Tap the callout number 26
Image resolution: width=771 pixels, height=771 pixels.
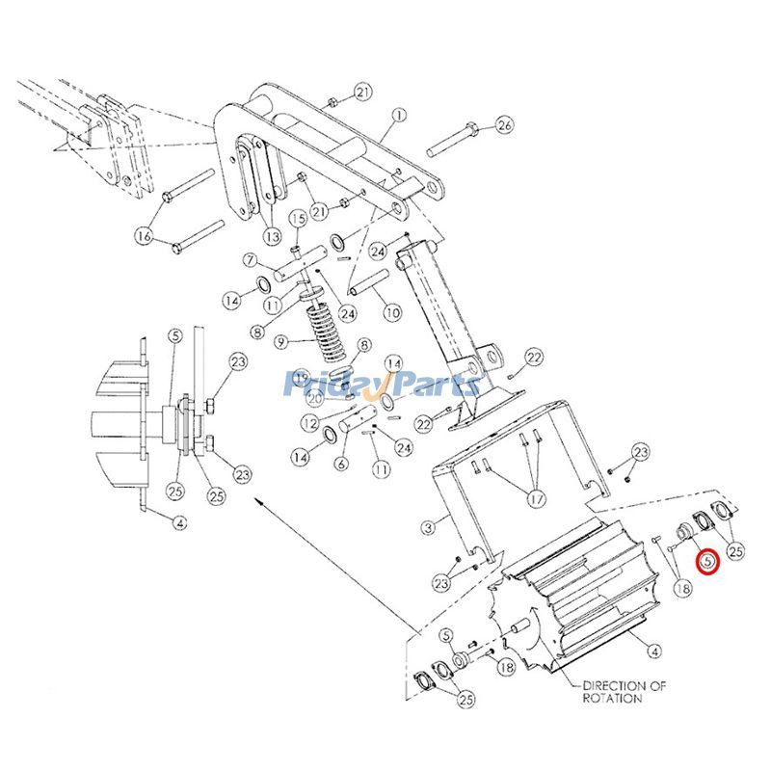506,125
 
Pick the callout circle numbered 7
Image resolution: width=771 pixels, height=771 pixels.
250,260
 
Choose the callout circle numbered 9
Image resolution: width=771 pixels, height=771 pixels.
281,341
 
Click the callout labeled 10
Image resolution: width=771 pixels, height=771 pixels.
391,312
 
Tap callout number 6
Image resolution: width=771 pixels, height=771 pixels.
340,463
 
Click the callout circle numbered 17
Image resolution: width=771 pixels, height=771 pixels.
536,500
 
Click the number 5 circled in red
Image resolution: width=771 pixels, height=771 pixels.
708,559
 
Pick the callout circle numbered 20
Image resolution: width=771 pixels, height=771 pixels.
314,398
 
